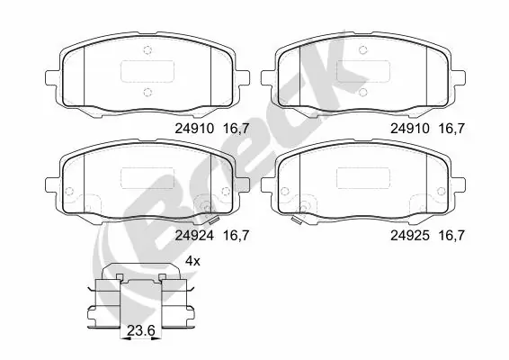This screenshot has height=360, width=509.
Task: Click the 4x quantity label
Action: tap(192, 260)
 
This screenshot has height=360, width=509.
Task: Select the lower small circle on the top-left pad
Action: tap(148, 91)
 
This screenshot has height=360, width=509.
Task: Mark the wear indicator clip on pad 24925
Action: tap(297, 218)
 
